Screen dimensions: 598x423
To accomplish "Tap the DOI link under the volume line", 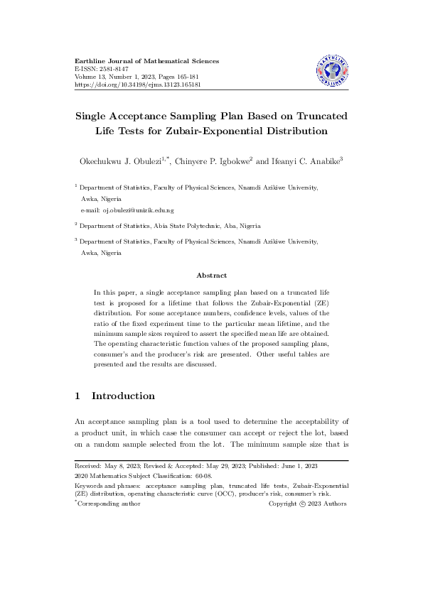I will tap(138, 85).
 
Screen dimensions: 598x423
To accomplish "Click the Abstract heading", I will tap(211, 276).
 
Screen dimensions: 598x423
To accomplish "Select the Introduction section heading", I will tap(123, 396).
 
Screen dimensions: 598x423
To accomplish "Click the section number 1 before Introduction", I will tap(77, 396).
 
